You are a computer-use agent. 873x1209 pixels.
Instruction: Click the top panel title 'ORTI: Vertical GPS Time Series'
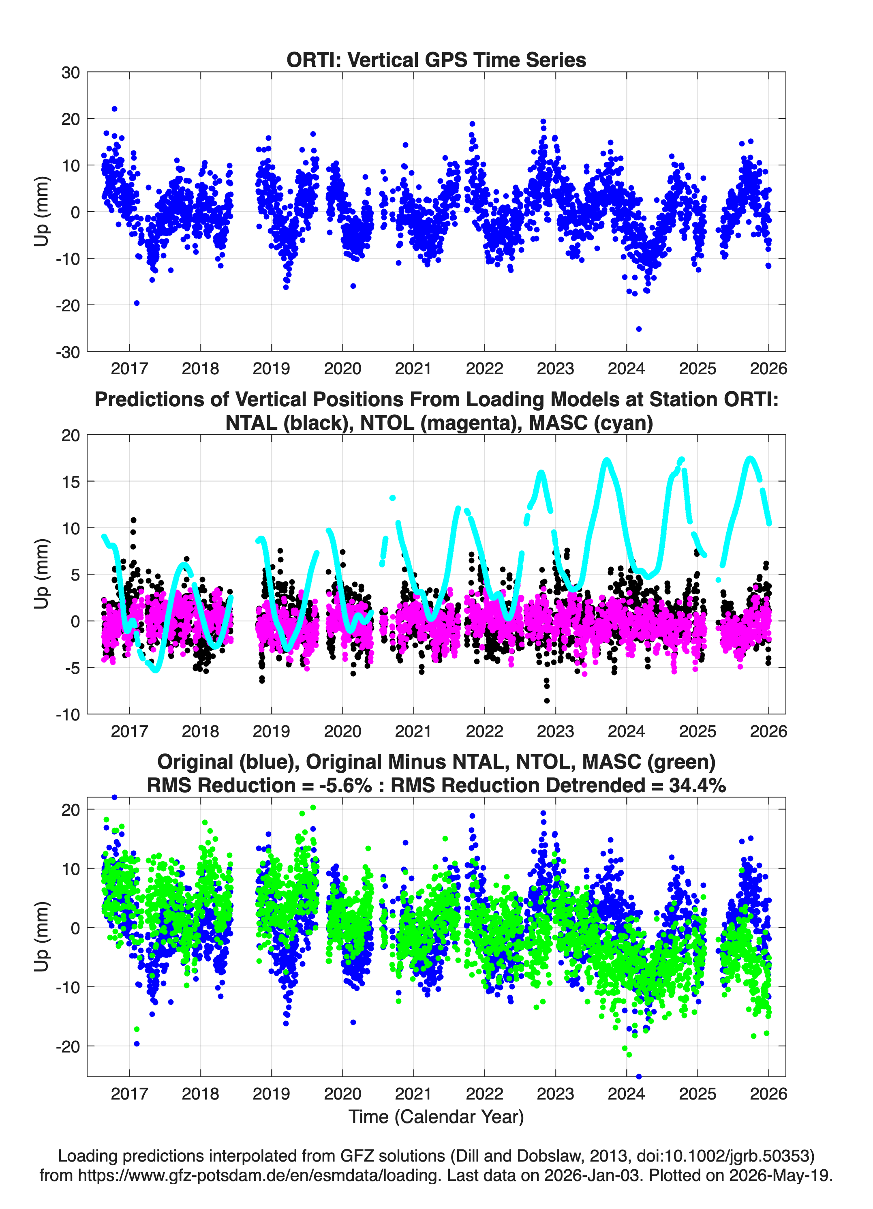click(x=436, y=60)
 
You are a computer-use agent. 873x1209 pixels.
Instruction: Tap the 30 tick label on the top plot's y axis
click(x=71, y=73)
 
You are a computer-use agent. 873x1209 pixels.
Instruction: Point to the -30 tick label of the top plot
click(x=68, y=352)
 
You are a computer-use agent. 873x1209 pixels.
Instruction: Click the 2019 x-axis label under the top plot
click(x=271, y=369)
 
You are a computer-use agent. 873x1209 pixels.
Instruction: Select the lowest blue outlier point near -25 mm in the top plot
click(x=638, y=329)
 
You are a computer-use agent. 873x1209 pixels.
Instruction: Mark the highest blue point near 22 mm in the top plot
click(x=114, y=109)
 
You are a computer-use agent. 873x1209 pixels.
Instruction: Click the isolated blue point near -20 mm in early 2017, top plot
click(x=137, y=303)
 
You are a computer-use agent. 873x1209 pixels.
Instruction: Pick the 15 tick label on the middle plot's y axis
click(x=71, y=481)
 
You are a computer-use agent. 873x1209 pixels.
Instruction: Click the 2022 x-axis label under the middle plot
click(x=484, y=731)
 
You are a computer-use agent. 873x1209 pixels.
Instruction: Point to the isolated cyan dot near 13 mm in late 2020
click(x=392, y=498)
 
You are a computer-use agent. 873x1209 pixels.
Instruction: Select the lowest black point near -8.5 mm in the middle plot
click(x=547, y=701)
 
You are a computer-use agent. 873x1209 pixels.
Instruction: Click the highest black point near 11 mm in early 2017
click(x=133, y=520)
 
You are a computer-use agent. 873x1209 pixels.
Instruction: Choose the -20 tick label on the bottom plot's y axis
click(x=68, y=1046)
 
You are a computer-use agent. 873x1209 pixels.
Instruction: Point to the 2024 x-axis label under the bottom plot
click(x=626, y=1093)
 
